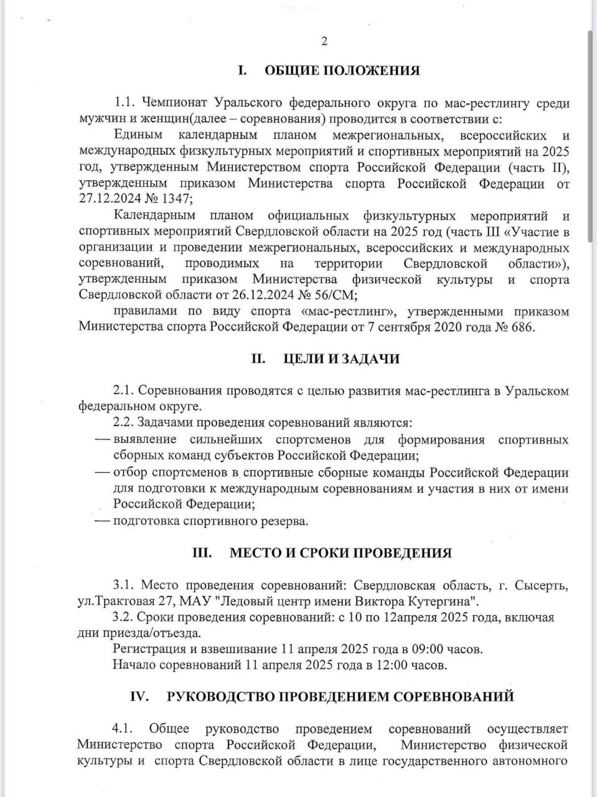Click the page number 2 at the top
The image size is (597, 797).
tap(324, 42)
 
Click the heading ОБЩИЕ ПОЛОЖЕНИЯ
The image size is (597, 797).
tap(342, 70)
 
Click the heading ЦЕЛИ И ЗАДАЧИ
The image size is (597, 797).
tap(341, 359)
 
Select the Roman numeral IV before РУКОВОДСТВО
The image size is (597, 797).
tap(139, 697)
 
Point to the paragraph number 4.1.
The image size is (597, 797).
tap(125, 729)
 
